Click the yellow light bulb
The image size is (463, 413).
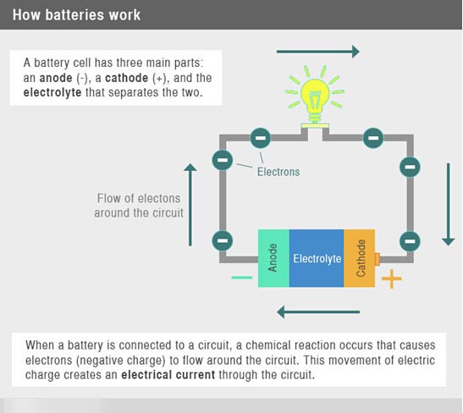315,96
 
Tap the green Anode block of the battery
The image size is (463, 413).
273,258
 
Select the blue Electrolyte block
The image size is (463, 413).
317,258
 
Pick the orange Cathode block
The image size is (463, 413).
360,258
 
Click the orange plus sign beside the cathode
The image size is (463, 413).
392,278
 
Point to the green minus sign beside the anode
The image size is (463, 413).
242,278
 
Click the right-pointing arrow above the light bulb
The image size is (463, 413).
318,52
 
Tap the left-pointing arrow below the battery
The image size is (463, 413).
318,311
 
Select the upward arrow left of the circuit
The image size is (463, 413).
190,205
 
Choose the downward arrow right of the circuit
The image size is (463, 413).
449,204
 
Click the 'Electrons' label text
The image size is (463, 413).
278,172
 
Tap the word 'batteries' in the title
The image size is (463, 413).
74,15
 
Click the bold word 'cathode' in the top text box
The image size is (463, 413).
127,78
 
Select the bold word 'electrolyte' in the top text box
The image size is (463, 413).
52,92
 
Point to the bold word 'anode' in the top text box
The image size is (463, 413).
56,78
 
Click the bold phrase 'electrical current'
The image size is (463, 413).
168,375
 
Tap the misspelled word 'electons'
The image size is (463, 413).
159,198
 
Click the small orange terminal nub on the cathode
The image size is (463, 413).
377,259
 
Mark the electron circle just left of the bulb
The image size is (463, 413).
260,138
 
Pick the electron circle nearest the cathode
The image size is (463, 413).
410,241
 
